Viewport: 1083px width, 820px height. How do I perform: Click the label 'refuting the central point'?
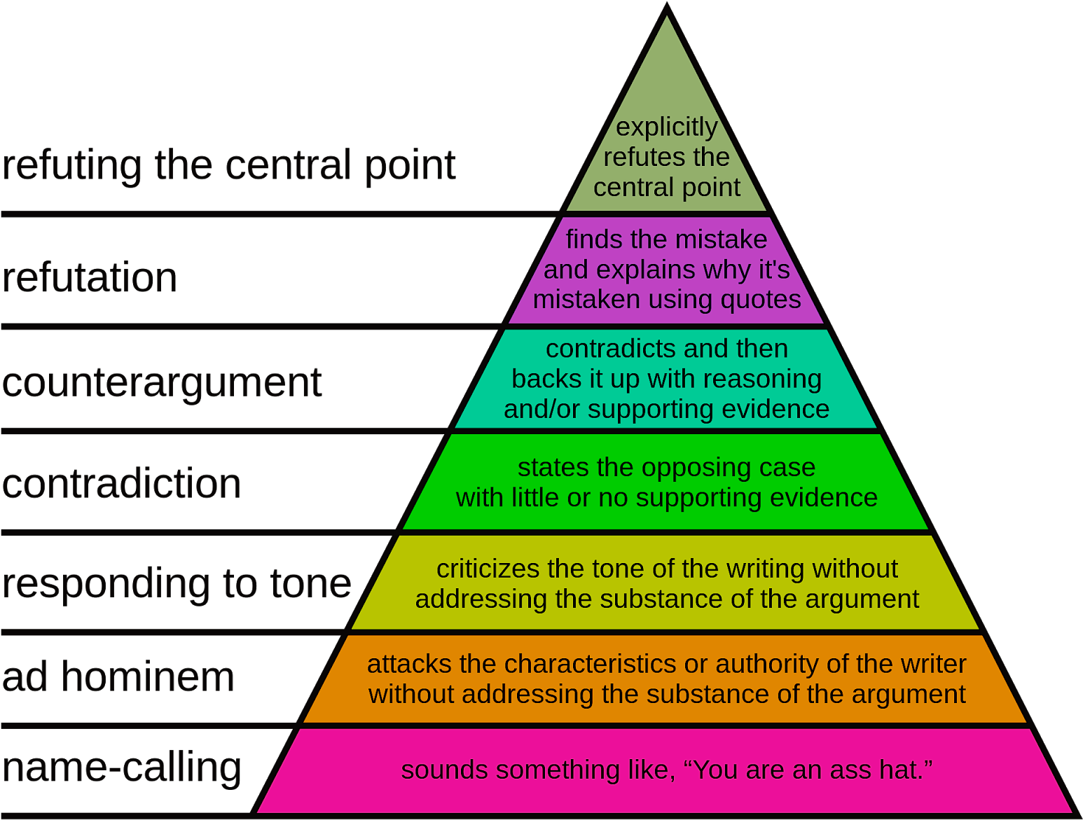(228, 166)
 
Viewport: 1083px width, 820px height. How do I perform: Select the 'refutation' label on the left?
(89, 277)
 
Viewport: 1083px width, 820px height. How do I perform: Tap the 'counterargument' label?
(162, 384)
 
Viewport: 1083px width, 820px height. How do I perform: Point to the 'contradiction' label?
(121, 483)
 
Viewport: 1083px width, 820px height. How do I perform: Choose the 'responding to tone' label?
(177, 584)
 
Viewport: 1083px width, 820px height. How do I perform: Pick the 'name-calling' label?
(121, 768)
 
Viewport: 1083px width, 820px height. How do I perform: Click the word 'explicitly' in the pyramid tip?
(667, 128)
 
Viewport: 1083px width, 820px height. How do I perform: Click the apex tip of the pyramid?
(667, 4)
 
